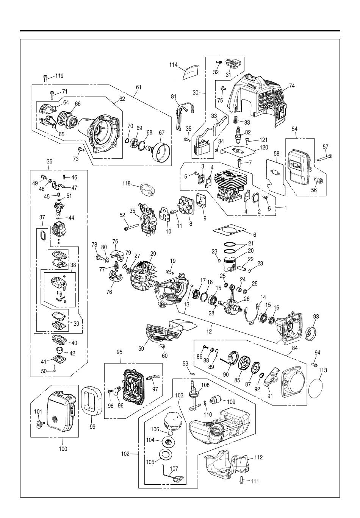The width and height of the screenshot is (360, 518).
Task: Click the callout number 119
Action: pos(59,76)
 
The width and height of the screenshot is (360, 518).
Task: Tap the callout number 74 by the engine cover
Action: pos(291,86)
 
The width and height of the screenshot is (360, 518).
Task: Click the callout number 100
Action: pos(63,449)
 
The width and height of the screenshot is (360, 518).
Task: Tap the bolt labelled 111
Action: pos(241,481)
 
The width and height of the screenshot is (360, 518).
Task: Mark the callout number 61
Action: pos(138,87)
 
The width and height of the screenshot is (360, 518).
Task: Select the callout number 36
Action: pos(49,161)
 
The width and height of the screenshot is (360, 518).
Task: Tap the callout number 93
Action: pos(316,316)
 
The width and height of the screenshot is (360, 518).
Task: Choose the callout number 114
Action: pos(174,65)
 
